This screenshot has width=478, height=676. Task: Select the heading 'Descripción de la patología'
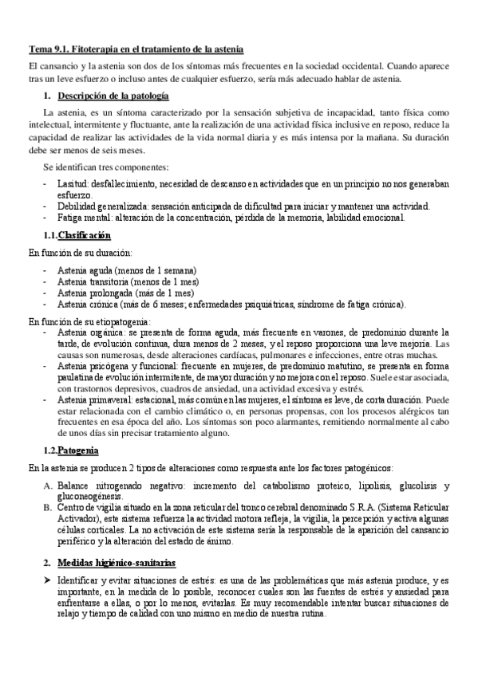pos(113,96)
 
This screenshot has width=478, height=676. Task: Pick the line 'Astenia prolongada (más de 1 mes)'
pos(120,293)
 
